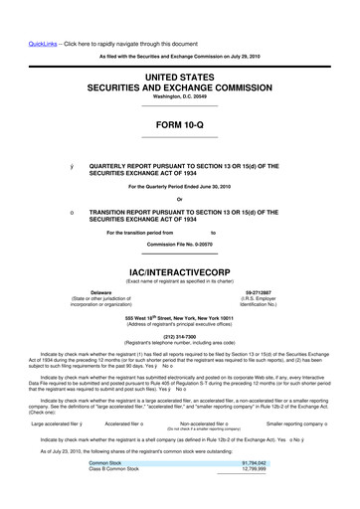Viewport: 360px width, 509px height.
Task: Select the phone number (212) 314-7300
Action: (179, 334)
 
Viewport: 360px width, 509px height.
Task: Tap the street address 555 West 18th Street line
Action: (179, 318)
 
